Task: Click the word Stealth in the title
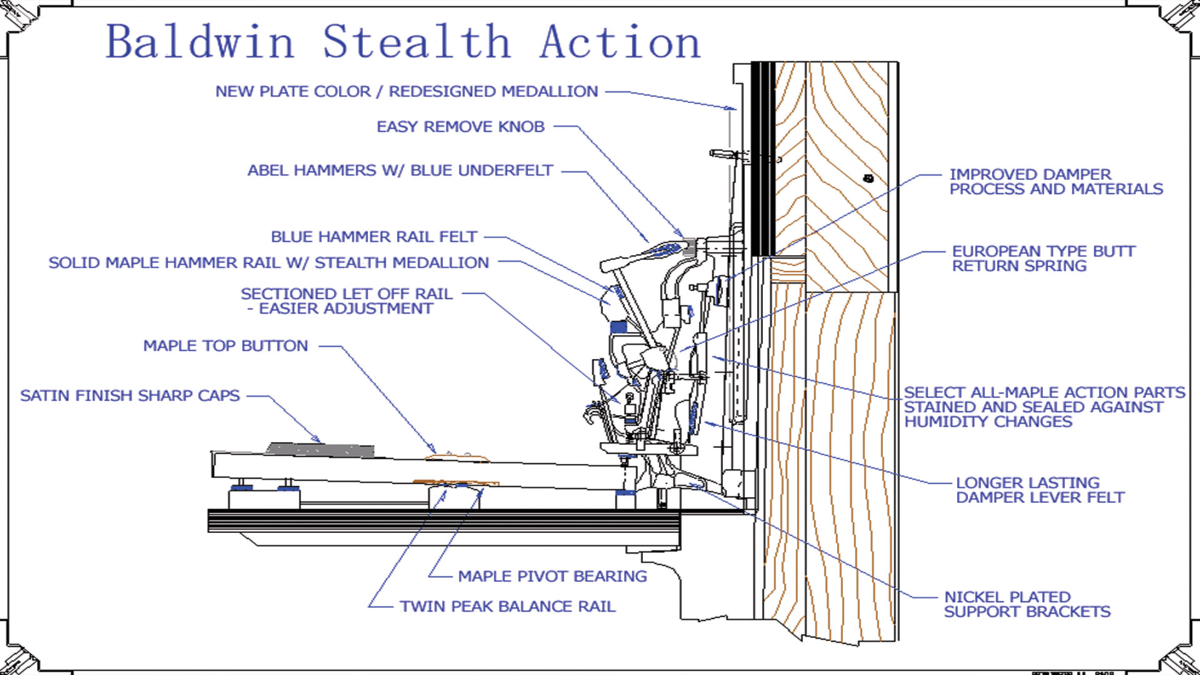(416, 42)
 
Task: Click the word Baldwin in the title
(200, 42)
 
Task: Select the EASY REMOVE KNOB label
(461, 127)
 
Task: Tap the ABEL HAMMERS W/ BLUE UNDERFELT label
(400, 171)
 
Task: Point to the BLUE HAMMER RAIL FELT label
(374, 237)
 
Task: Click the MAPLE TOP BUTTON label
(226, 346)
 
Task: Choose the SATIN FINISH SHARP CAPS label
(130, 396)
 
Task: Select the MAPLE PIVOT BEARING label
(552, 576)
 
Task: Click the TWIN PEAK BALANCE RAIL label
(507, 606)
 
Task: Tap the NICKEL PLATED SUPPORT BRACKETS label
(1027, 604)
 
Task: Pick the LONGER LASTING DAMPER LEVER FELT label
(1040, 490)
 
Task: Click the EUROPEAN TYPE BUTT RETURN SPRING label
(1043, 259)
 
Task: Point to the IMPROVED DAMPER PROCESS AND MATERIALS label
(1056, 182)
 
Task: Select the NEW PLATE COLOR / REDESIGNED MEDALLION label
(407, 91)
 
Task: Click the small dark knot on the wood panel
(868, 179)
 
